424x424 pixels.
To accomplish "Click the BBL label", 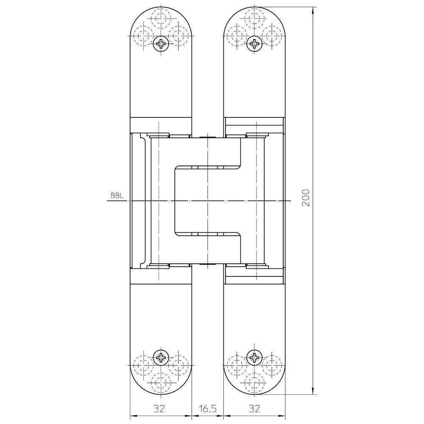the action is (117, 196).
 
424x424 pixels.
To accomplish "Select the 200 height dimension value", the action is (305, 198).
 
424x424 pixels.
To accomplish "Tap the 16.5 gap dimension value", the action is (208, 409).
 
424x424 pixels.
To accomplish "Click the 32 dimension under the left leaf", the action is (159, 409).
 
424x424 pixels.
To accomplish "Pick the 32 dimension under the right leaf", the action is (254, 409).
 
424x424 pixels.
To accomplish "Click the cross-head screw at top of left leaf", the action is (161, 44).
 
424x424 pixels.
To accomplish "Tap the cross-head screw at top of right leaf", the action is (254, 44).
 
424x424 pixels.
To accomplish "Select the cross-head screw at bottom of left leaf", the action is (161, 358).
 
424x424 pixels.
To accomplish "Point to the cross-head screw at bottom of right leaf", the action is (254, 358).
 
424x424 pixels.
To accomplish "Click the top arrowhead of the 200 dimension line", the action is (313, 11).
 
